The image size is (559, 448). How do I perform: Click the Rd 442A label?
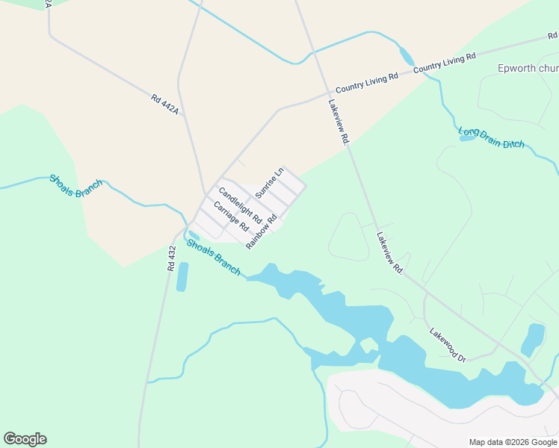coord(165,105)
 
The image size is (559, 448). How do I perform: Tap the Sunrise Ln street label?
coord(270,183)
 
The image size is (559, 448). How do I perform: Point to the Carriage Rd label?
coord(230,216)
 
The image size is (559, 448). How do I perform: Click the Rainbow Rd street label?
coord(262,231)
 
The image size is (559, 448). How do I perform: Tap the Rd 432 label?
coord(172,258)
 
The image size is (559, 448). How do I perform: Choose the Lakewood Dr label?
coord(448,345)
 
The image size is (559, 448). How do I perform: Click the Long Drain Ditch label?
coord(491,137)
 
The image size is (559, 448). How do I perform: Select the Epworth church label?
coord(528,69)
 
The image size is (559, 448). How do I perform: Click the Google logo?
coord(25,439)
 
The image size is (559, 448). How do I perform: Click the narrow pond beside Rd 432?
coord(182,276)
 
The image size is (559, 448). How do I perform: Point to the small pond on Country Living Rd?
coord(407,56)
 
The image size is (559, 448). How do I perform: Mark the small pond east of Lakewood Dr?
coord(533,339)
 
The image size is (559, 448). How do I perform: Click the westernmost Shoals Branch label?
coord(75,185)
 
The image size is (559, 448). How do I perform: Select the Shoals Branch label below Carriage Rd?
coord(214,257)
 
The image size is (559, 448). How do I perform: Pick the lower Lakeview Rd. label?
coord(390,252)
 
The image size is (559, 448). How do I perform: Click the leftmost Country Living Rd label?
coord(366,81)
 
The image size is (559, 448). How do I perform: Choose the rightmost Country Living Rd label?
coord(444,62)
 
